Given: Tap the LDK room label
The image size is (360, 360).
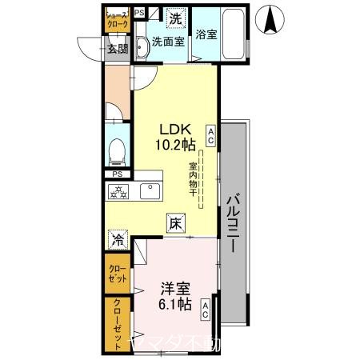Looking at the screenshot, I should tap(175, 129).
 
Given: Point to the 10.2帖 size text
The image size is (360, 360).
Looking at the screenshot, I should tap(175, 145).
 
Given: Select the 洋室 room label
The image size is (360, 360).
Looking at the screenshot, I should tap(174, 288).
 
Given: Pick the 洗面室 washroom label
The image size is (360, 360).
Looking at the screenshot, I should tap(168, 42).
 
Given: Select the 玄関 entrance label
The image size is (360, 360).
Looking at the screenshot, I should tap(118, 49).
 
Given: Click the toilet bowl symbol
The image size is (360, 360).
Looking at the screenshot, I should tap(118, 150).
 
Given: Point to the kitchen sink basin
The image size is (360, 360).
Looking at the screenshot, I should tap(149, 191).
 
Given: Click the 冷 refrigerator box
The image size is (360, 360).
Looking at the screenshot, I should tap(118, 238).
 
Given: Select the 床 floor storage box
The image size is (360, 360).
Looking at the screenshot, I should tap(175, 225).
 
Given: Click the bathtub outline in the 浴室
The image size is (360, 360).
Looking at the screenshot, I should tap(234, 35).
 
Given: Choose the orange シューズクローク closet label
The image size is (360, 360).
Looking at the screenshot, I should tap(118, 19).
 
